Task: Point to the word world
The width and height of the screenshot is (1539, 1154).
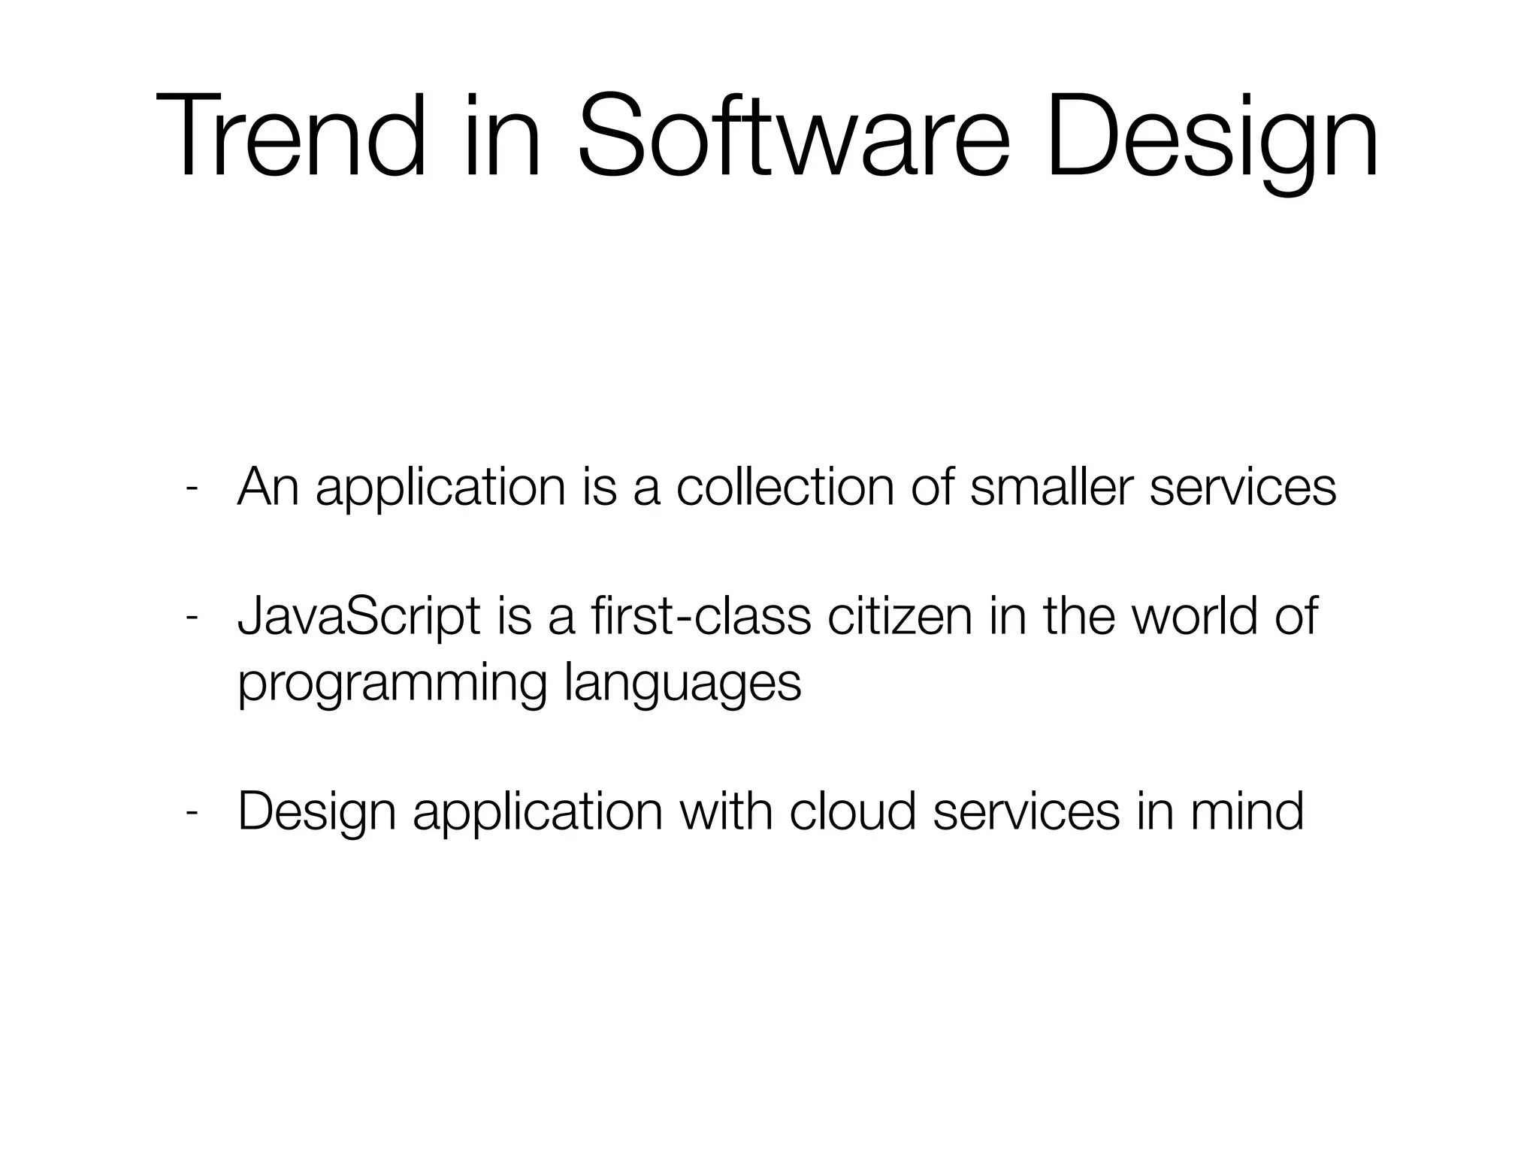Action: [1194, 617]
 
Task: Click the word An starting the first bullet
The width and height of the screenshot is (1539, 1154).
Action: [268, 488]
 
